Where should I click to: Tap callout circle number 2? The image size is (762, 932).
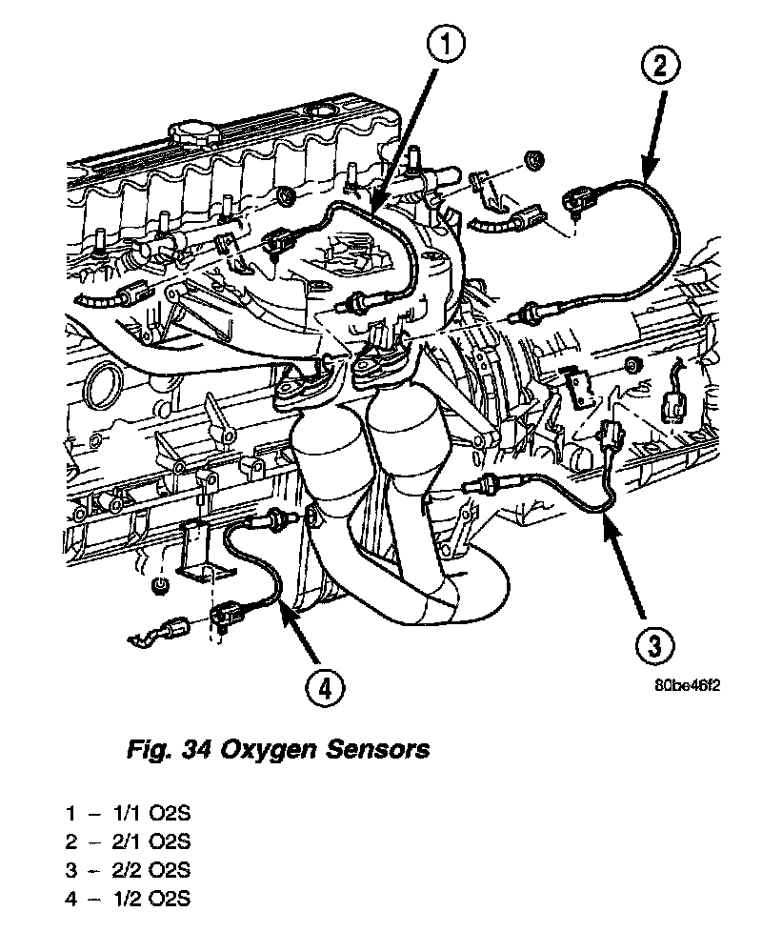pyautogui.click(x=660, y=68)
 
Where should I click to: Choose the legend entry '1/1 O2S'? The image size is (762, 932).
pyautogui.click(x=152, y=815)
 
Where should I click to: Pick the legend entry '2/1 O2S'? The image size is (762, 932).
pyautogui.click(x=152, y=842)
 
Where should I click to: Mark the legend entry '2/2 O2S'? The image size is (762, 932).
pyautogui.click(x=152, y=870)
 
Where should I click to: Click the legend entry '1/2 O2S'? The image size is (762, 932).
pyautogui.click(x=152, y=898)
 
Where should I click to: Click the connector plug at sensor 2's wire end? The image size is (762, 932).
pyautogui.click(x=577, y=202)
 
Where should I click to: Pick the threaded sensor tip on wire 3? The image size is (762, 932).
pyautogui.click(x=471, y=486)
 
